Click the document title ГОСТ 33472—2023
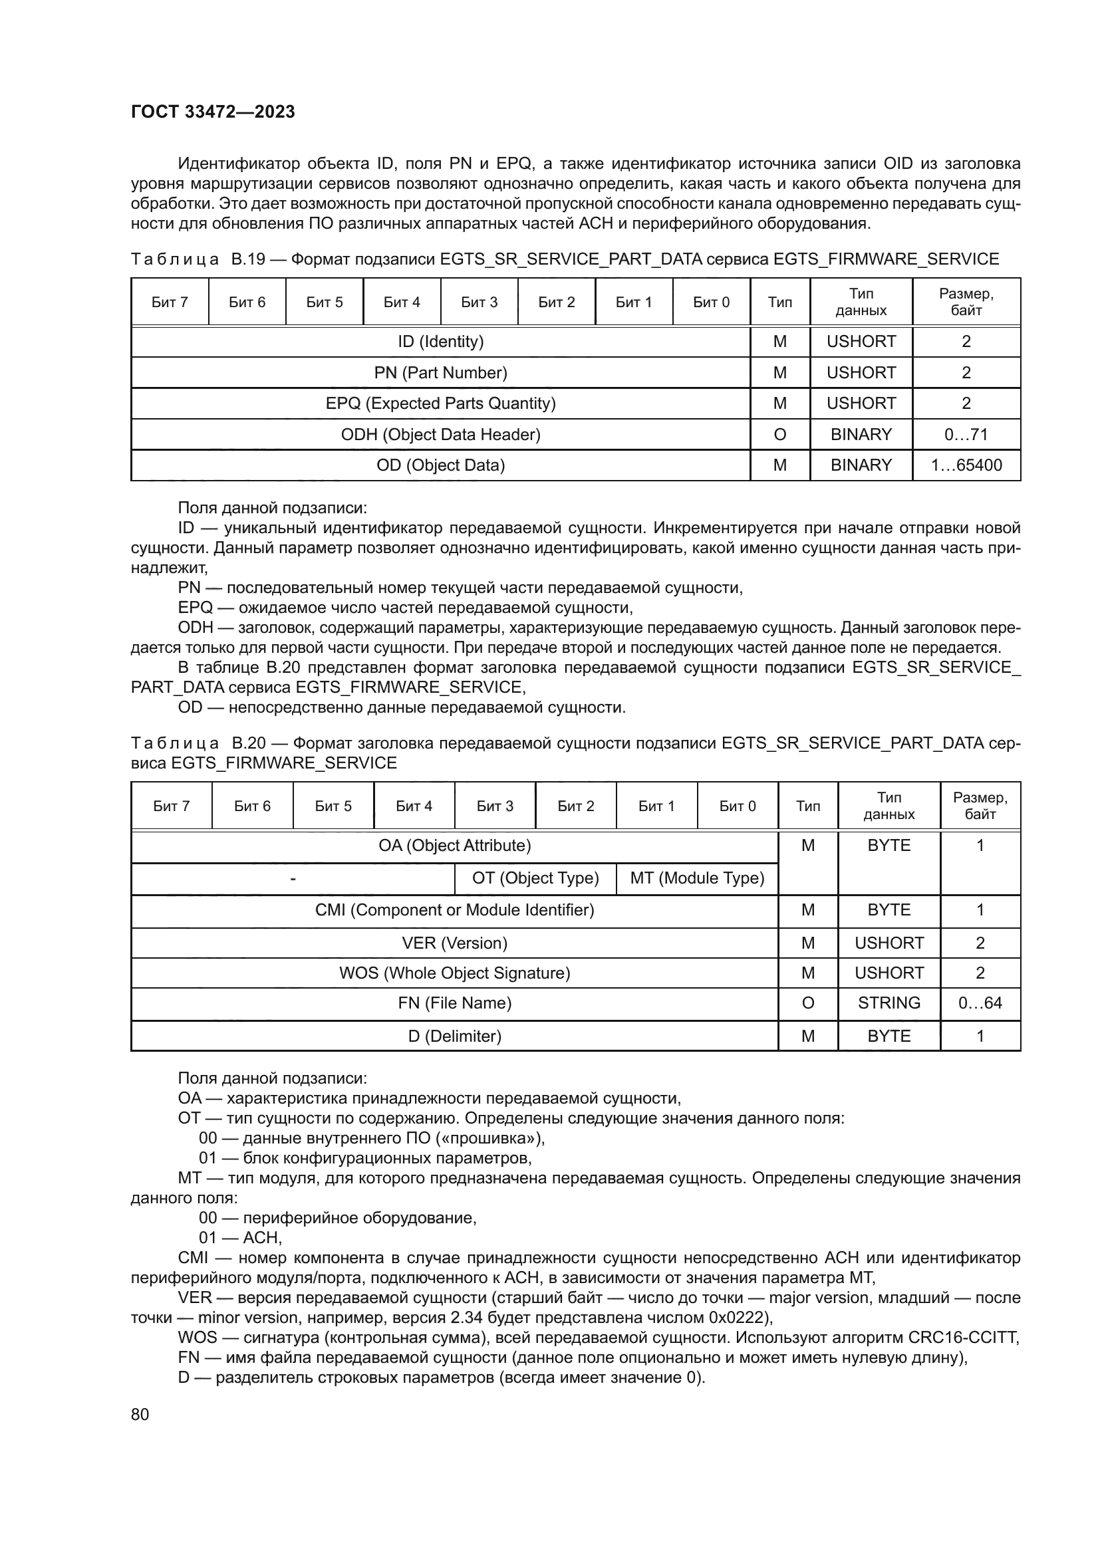pos(213,112)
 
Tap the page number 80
pos(140,1414)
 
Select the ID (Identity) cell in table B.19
pos(440,341)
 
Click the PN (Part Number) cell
pos(440,372)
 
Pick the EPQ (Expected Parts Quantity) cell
pos(440,403)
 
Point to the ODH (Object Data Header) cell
pos(440,434)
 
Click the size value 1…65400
pos(966,465)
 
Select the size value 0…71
pos(966,434)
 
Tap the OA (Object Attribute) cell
pos(454,845)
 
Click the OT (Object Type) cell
pos(535,878)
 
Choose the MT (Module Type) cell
pos(697,878)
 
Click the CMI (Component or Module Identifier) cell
pos(454,909)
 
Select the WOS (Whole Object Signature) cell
pos(454,973)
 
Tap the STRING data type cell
pos(889,1003)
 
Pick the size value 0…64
pos(980,1003)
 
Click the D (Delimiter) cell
pos(454,1036)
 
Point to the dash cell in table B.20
pos(293,878)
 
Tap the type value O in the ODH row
pos(779,434)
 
